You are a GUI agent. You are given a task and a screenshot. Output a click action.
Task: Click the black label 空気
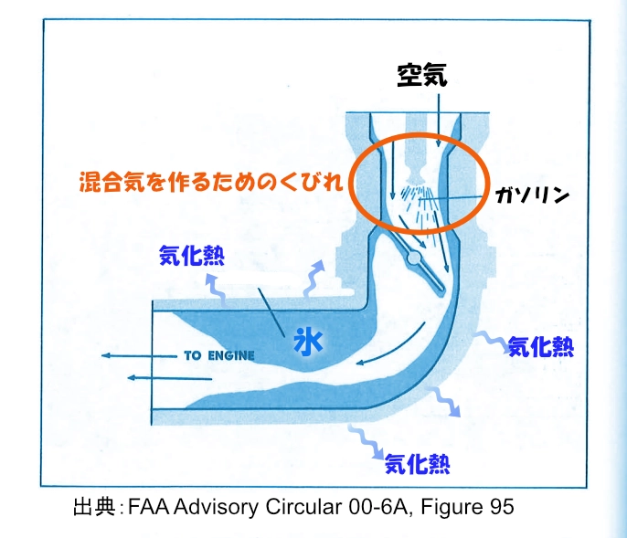(x=421, y=75)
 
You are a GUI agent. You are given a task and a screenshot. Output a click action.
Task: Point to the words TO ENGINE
(x=218, y=354)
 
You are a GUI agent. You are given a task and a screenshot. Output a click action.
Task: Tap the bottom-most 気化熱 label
(x=416, y=460)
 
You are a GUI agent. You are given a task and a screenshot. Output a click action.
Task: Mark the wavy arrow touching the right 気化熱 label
(x=489, y=340)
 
